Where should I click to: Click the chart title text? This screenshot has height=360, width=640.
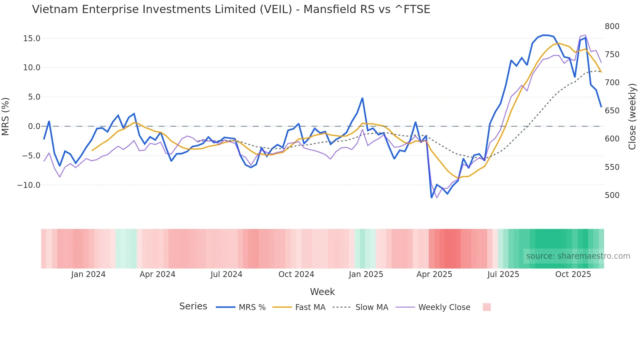[x=231, y=9]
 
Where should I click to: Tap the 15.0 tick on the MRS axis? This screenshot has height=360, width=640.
[x=32, y=39]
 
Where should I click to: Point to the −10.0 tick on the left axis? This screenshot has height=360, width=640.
[x=29, y=185]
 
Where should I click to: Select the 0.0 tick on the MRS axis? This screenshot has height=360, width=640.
[x=34, y=126]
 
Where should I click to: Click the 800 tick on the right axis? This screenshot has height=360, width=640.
[x=612, y=26]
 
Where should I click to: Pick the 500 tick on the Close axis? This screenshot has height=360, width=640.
[x=612, y=195]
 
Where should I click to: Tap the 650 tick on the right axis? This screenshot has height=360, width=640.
[x=612, y=111]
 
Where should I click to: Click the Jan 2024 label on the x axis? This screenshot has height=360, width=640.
[x=88, y=274]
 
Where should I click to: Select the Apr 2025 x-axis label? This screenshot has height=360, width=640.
[x=434, y=274]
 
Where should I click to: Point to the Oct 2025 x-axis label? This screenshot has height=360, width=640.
[x=573, y=274]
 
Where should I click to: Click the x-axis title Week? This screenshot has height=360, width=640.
[x=322, y=292]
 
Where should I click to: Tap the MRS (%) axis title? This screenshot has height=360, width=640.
[x=6, y=116]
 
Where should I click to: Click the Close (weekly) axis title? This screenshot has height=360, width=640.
[x=632, y=117]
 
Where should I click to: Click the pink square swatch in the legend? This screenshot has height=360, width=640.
[x=487, y=307]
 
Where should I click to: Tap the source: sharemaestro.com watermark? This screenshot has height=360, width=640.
[x=578, y=256]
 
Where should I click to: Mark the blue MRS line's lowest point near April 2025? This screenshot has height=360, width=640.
[x=431, y=197]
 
